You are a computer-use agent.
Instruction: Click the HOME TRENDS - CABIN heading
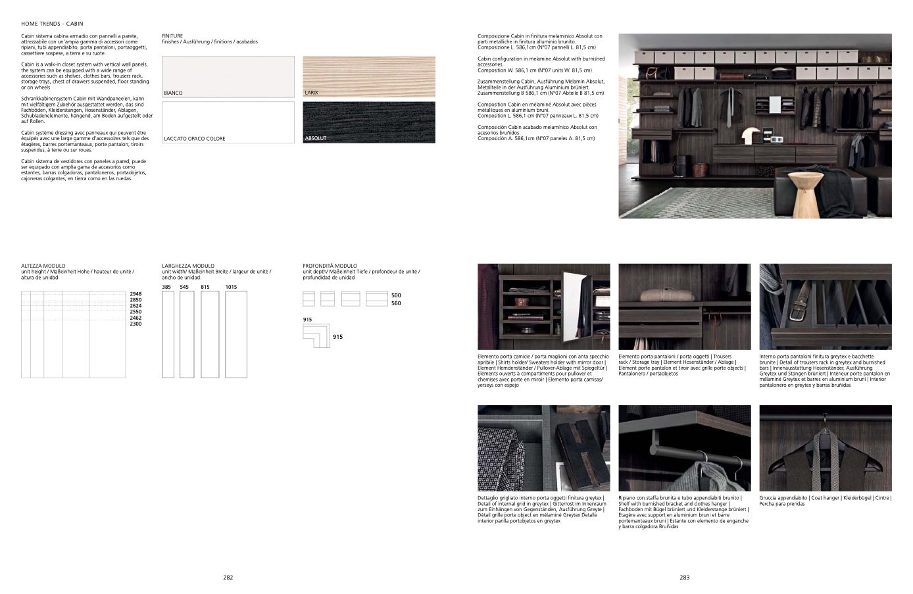coord(52,24)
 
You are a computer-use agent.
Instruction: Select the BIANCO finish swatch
coord(228,77)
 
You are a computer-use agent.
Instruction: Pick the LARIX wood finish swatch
coord(369,77)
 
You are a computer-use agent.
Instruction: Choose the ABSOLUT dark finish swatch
coord(369,122)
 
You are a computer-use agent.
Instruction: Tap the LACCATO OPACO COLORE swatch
coord(228,122)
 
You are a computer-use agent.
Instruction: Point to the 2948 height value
coord(136,294)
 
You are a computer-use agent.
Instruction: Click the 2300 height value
coord(136,324)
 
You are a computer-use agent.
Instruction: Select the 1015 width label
coord(231,287)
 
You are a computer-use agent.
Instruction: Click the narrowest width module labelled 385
coord(168,334)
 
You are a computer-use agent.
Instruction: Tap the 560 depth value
coord(396,303)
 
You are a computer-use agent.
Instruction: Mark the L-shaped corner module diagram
coord(316,335)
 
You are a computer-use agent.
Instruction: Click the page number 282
coord(228,578)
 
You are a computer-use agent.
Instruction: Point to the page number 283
coord(684,578)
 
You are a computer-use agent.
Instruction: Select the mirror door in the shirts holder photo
coord(577,307)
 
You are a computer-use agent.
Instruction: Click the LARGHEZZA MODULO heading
coord(188,266)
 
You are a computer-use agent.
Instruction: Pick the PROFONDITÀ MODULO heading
coord(330,266)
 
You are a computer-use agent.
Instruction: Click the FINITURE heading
coord(172,36)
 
